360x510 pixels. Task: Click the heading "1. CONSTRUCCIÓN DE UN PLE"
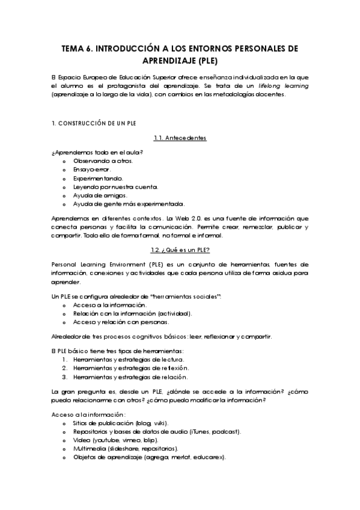pos(94,123)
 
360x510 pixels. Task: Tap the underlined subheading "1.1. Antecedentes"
pos(180,138)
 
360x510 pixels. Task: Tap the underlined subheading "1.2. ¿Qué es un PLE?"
pos(180,249)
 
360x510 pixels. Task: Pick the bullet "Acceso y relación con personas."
pos(121,322)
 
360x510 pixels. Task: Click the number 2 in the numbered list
pos(65,367)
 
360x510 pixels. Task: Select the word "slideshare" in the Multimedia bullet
pos(124,449)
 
